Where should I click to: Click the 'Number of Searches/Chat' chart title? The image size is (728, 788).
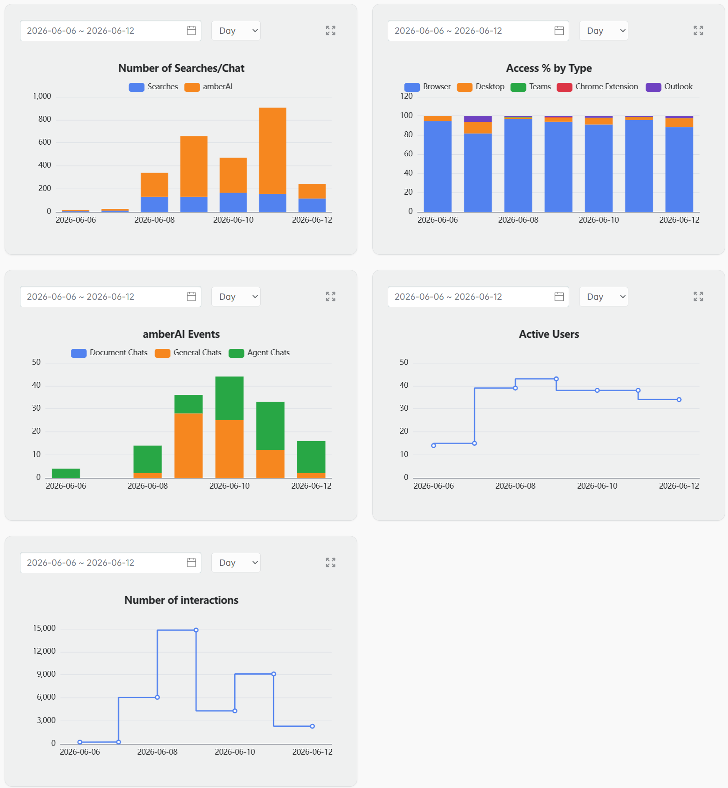(x=181, y=68)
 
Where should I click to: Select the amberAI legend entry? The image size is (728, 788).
(x=208, y=87)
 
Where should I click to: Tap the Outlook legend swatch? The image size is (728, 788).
(x=653, y=87)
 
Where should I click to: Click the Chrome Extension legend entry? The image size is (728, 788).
(x=597, y=87)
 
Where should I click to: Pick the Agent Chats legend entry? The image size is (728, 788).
(x=259, y=353)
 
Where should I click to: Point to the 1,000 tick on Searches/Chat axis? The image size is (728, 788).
(x=42, y=96)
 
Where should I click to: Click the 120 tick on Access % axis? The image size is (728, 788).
(x=406, y=96)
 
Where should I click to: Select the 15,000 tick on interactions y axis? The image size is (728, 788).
(x=44, y=628)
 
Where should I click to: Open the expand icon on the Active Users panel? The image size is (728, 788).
(x=698, y=296)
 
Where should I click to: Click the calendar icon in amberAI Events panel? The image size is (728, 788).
(x=191, y=296)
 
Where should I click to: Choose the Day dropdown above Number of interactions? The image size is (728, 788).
(x=236, y=563)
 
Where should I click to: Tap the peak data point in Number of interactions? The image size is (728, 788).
(x=196, y=630)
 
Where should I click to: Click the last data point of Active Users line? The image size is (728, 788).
(x=679, y=399)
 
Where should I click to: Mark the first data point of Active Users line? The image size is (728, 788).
(x=434, y=446)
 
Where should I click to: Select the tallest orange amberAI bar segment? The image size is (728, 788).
(x=273, y=151)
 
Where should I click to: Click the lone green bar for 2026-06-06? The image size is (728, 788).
(x=66, y=473)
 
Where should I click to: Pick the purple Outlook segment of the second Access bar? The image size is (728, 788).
(x=478, y=119)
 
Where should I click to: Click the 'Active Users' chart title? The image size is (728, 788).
(x=549, y=334)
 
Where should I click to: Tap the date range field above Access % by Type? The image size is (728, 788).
(x=478, y=31)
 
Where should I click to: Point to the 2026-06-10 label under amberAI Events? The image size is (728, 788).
(x=230, y=486)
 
